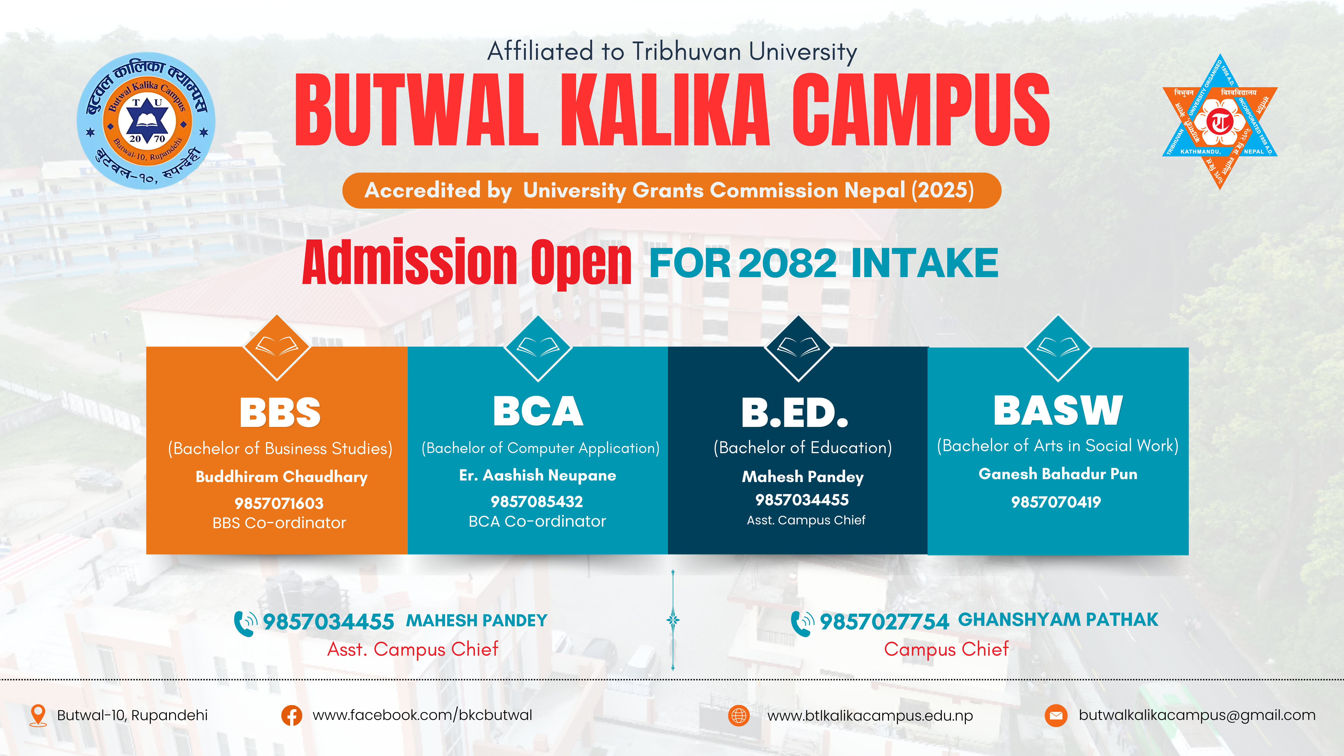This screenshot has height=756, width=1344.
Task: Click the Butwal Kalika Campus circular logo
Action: tap(146, 121)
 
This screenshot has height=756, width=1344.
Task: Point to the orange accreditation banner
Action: tap(672, 190)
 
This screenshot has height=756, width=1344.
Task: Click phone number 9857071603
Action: tap(279, 504)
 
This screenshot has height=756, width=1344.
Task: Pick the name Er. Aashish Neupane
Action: tap(537, 475)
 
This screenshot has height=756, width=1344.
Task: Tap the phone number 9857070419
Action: tap(1056, 502)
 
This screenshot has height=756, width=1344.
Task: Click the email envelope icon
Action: tap(1056, 715)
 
